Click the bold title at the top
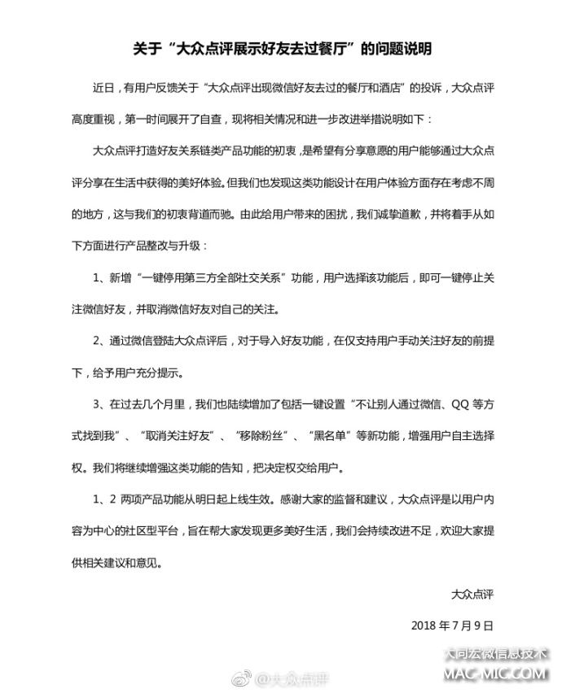tap(281, 50)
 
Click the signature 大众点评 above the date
tap(473, 595)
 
